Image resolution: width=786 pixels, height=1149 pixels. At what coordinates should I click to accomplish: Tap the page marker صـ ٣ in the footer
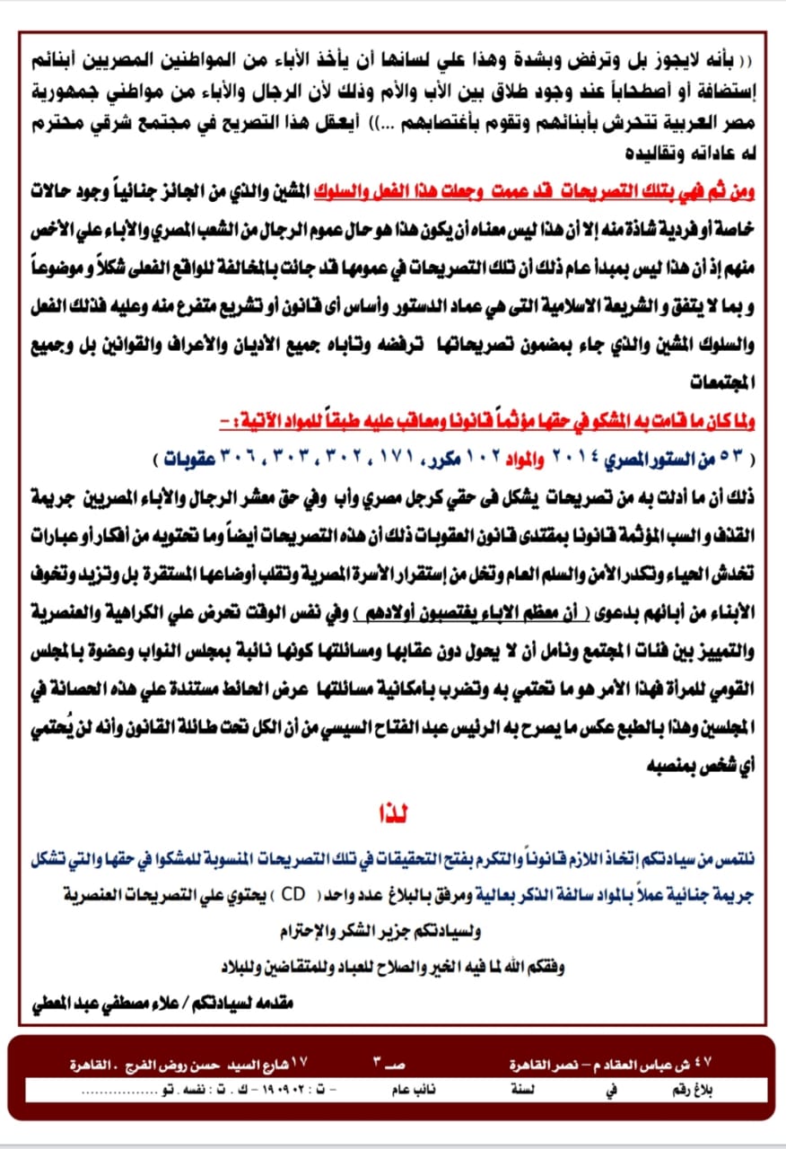coord(389,1065)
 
